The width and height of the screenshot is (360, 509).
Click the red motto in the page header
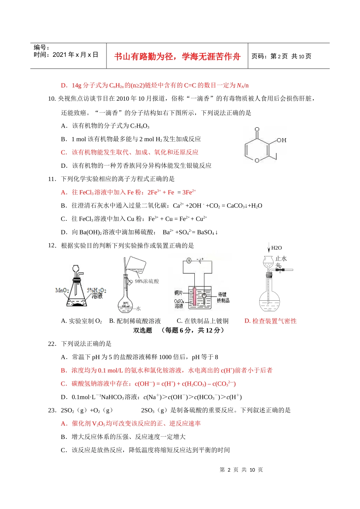[x=177, y=56]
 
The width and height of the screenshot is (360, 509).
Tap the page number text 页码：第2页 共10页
[x=281, y=56]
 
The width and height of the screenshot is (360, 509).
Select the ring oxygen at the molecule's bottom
[x=257, y=161]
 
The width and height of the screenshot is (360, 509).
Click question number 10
[x=52, y=99]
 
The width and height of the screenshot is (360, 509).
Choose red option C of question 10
[x=130, y=152]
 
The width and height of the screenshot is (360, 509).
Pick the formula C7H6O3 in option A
[x=140, y=126]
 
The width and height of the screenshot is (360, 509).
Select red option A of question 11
[x=128, y=192]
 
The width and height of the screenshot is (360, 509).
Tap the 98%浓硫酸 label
[x=147, y=281]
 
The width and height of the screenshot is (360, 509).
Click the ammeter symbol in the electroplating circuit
[x=189, y=261]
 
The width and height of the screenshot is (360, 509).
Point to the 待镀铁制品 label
[x=223, y=297]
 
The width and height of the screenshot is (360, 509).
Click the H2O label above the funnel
[x=277, y=248]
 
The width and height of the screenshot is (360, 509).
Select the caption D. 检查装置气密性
[x=271, y=321]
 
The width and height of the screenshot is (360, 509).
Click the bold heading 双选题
[x=142, y=330]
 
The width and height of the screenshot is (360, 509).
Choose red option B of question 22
[x=167, y=370]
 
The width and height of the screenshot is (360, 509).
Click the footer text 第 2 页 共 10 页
[x=241, y=470]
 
